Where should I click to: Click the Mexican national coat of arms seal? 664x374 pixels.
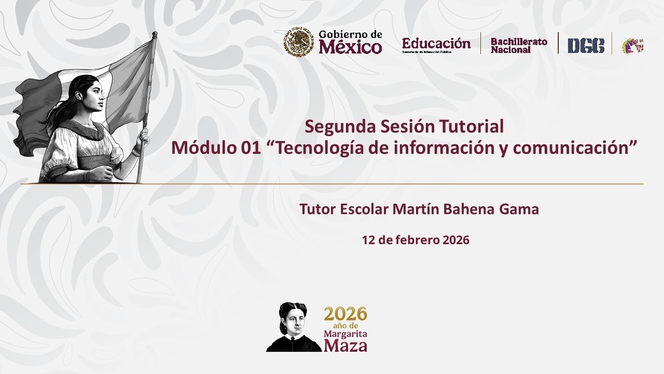298,43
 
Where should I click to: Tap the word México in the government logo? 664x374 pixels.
350,47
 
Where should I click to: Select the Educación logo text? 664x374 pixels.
436,43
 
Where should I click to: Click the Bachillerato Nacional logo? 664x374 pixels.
519,45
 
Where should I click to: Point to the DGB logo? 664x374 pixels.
586,46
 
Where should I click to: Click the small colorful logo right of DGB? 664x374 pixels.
632,45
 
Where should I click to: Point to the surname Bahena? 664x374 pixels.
470,209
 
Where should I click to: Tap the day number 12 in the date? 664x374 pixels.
368,240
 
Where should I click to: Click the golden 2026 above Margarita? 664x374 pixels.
345,314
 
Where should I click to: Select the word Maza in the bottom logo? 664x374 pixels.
345,345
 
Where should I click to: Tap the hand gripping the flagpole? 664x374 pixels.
143,138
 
